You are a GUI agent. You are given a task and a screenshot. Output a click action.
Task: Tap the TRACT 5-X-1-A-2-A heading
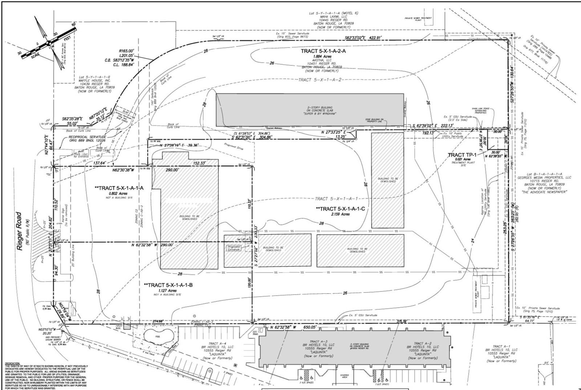tap(323, 51)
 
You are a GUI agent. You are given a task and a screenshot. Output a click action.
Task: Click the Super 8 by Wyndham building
tap(309, 110)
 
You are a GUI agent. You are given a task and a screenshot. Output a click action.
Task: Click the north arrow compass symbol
tap(48, 44)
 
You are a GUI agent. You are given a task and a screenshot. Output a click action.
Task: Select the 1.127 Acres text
tap(167, 291)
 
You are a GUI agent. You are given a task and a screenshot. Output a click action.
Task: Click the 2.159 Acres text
tap(340, 214)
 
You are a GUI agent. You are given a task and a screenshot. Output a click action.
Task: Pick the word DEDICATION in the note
tap(13, 363)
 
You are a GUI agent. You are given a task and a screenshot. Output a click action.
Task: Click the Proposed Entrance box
tap(234, 248)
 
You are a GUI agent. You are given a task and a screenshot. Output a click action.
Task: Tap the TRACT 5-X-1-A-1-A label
tap(119, 188)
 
